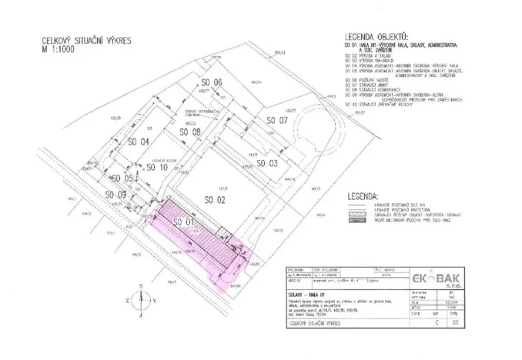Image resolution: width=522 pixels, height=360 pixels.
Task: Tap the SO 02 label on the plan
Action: (217, 200)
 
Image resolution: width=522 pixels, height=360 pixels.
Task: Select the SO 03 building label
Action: (266, 163)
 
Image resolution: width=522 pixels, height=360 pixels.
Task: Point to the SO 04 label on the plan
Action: (138, 142)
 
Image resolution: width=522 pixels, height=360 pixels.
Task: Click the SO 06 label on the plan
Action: (212, 82)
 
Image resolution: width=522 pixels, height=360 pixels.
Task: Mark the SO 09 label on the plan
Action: (115, 195)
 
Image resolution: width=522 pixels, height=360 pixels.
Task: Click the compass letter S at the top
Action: (141, 285)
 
